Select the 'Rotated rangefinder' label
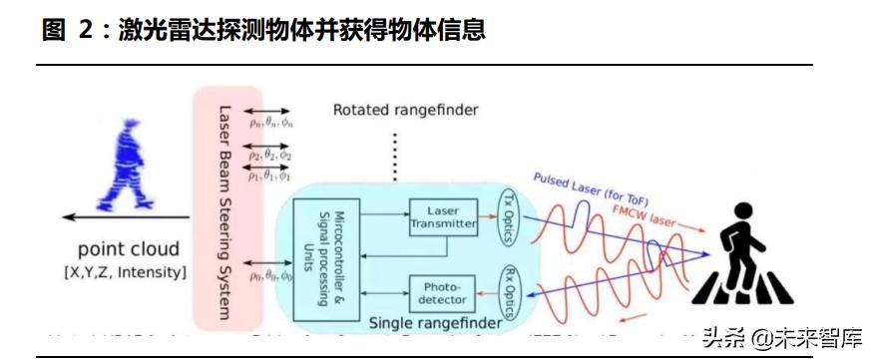[405, 109]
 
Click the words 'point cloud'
[130, 249]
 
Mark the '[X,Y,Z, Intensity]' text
[130, 271]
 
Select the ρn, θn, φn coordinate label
[271, 123]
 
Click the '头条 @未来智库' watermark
[782, 337]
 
